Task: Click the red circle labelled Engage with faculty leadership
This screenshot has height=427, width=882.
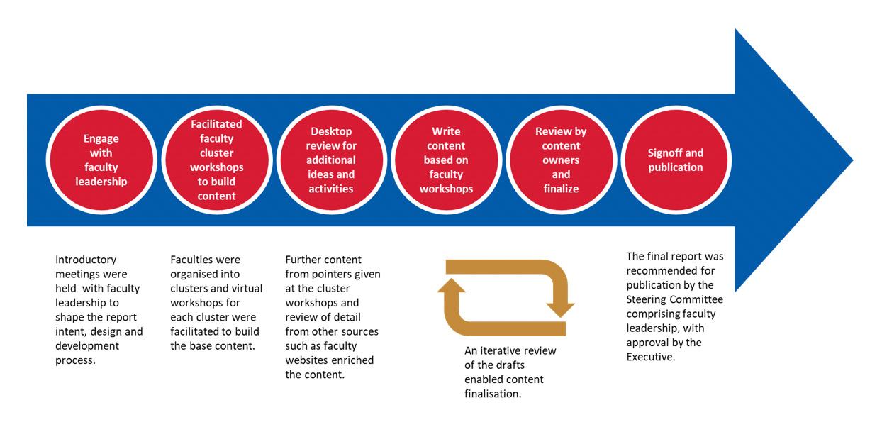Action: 101,160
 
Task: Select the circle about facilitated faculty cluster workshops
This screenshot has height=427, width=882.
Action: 216,160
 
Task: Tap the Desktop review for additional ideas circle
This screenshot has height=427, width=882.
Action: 331,160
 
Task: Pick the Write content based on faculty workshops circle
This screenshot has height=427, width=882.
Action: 446,160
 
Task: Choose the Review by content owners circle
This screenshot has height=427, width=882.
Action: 561,160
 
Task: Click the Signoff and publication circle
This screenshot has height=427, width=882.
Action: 675,160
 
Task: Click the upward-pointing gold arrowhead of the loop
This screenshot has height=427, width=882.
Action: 452,286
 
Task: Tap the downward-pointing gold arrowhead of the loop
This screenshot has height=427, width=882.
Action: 560,309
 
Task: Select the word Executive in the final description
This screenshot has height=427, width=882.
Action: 651,357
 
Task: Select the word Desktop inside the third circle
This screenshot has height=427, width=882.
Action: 331,131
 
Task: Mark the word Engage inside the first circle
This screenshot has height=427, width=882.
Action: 101,138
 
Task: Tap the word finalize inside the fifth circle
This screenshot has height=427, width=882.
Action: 561,189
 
